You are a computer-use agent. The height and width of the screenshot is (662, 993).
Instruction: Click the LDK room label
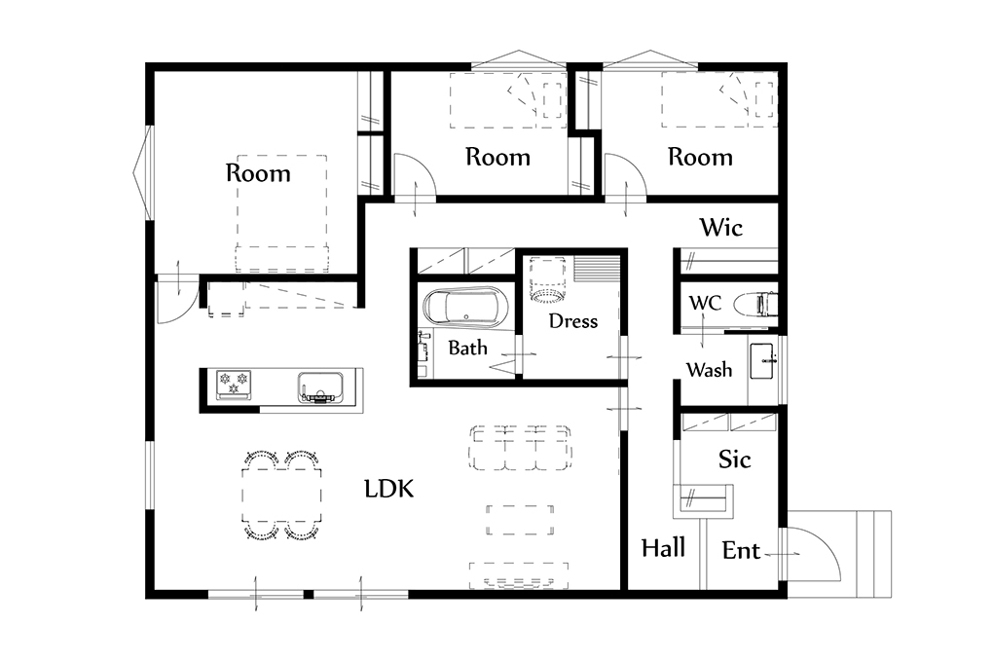(x=388, y=489)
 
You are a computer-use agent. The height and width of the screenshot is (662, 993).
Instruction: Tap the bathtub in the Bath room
(x=465, y=308)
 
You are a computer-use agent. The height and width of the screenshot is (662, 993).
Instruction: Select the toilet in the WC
(x=754, y=304)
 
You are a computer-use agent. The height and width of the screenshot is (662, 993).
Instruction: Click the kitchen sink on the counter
(x=320, y=387)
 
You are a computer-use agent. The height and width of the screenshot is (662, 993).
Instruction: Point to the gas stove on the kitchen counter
(x=234, y=386)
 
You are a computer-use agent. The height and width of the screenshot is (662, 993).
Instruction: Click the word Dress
(x=573, y=321)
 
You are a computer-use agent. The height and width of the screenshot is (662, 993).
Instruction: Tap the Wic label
(x=721, y=227)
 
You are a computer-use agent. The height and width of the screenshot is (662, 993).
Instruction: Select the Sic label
(x=735, y=459)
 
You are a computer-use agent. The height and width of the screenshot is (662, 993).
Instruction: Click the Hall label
(x=663, y=548)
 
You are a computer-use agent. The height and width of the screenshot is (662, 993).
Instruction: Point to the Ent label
(x=741, y=550)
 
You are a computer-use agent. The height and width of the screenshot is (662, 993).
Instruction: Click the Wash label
(x=710, y=369)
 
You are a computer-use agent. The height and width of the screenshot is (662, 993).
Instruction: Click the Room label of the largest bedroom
(x=258, y=173)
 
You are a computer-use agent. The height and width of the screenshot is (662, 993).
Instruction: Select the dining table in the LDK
(x=281, y=495)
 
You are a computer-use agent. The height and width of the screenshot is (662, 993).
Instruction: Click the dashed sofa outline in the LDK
(x=521, y=447)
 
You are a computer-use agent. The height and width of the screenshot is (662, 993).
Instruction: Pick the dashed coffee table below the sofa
(x=521, y=520)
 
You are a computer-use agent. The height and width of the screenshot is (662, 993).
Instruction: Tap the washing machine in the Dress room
(x=547, y=278)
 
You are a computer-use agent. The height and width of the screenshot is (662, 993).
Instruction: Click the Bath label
(x=468, y=348)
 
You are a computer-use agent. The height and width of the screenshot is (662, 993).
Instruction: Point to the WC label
(x=705, y=303)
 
